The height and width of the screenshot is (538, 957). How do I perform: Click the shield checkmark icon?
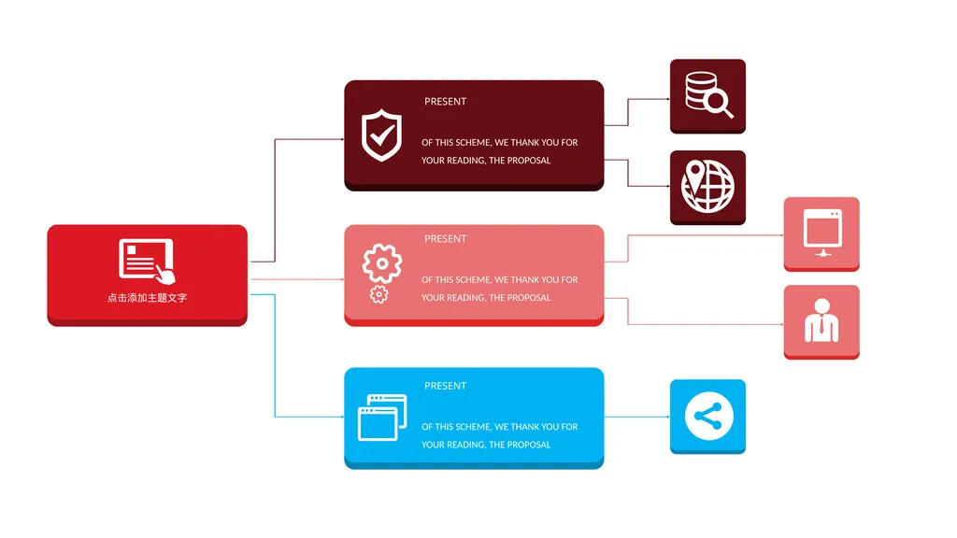pos(381,134)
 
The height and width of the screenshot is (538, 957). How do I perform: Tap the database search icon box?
pos(707,96)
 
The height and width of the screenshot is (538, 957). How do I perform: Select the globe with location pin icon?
pos(707,186)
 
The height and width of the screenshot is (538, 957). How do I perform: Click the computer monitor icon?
pos(822,233)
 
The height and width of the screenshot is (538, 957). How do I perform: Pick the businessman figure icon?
pos(821,320)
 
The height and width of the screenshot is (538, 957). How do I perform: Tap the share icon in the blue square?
pos(708,416)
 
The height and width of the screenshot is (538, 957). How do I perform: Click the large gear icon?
pos(382,262)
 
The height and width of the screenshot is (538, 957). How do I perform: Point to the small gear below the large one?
pos(379,294)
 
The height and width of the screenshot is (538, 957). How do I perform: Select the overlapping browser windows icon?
pos(382,418)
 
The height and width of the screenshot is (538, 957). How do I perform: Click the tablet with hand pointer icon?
pos(147,261)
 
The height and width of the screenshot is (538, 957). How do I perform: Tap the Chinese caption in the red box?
pos(147,298)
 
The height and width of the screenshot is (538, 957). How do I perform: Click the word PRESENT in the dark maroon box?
pos(445,101)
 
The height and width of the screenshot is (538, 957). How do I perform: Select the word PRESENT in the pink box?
pos(445,238)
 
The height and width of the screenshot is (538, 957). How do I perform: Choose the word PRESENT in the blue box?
pos(445,386)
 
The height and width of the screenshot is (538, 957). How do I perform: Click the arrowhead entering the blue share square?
pos(667,417)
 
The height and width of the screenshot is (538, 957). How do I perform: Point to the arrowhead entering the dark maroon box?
pos(342,139)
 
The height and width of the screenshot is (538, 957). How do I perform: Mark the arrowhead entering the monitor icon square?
pos(781,234)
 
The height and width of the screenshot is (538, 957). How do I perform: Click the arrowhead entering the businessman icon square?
pos(781,324)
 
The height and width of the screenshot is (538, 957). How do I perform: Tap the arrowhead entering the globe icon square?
pos(667,186)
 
